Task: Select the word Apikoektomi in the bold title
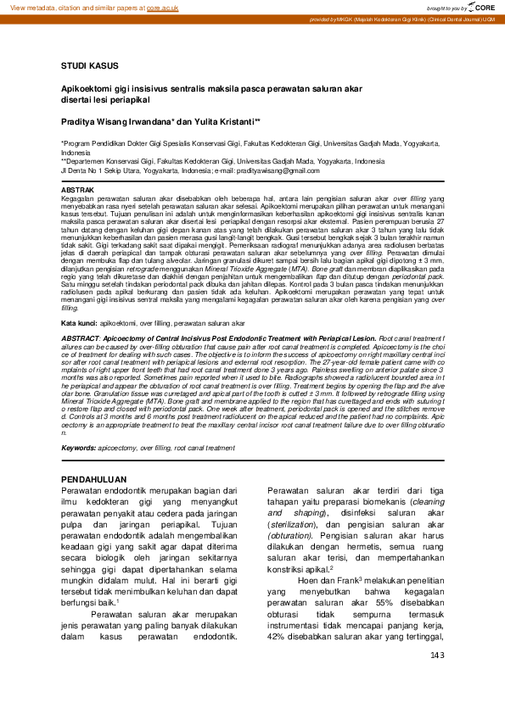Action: (x=84, y=87)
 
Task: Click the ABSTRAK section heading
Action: (x=79, y=190)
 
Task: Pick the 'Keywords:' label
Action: (x=78, y=447)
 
